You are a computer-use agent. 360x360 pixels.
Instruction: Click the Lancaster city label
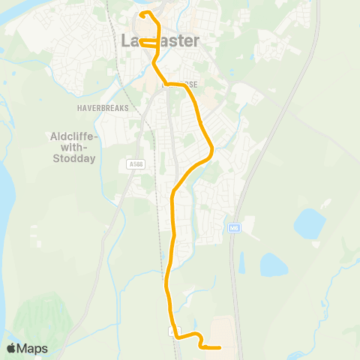coord(160,40)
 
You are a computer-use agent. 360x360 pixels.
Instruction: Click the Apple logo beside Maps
coord(11,348)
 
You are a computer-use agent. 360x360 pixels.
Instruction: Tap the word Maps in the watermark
coord(32,348)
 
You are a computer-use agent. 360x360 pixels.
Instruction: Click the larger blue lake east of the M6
coord(309,223)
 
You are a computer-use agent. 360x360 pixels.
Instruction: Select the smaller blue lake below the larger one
coord(273,264)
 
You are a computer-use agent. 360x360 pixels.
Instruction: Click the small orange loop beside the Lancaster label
coord(148,44)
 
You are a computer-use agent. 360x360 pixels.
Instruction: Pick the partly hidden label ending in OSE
coord(183,85)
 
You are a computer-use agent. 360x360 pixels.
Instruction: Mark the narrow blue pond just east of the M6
coord(241,262)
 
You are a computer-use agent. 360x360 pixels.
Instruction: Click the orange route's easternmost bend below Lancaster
coord(212,149)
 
